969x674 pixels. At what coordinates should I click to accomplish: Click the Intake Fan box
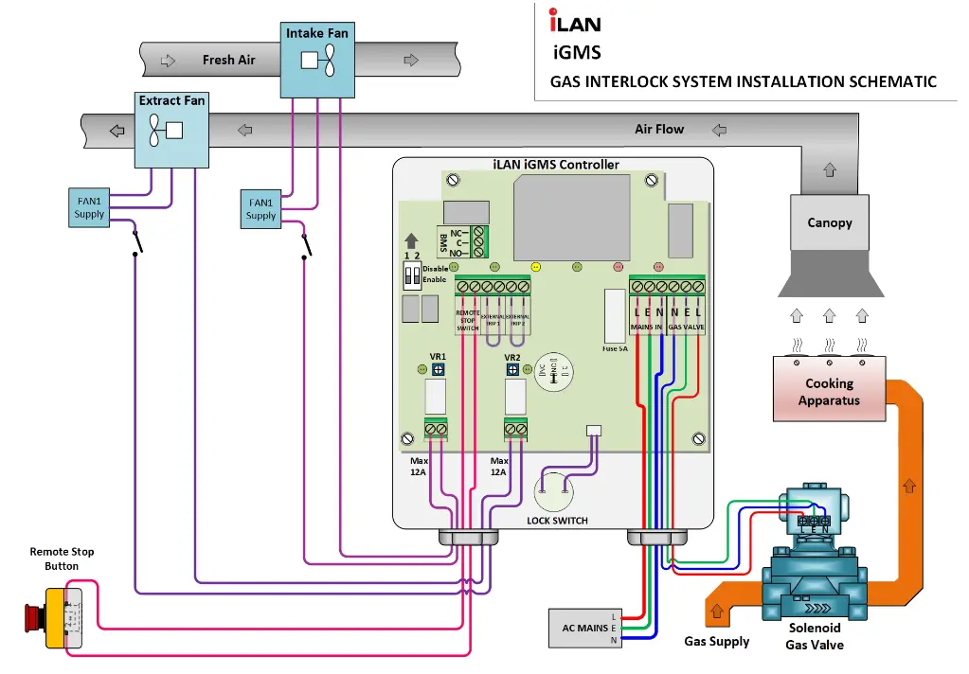click(x=316, y=60)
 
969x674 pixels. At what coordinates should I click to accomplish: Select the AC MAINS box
click(x=584, y=629)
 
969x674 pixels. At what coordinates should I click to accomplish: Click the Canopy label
click(x=829, y=223)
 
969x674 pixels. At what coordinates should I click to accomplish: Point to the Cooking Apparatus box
click(x=829, y=391)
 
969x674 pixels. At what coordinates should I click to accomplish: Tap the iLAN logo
click(x=575, y=21)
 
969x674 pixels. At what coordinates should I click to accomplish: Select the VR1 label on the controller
click(x=438, y=357)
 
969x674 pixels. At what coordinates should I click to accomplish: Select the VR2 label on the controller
click(x=512, y=357)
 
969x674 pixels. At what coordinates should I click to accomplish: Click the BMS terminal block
click(x=479, y=241)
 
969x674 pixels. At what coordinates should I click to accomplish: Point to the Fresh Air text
click(x=229, y=60)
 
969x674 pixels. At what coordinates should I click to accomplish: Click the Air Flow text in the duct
click(x=659, y=129)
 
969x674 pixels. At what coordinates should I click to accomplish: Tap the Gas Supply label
click(x=717, y=641)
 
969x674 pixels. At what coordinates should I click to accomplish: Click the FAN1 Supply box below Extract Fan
click(x=90, y=208)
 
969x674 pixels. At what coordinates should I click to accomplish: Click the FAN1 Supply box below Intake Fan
click(x=260, y=208)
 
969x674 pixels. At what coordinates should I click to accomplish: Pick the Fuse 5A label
click(x=615, y=348)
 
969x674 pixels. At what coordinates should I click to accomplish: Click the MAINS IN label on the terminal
click(x=648, y=327)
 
